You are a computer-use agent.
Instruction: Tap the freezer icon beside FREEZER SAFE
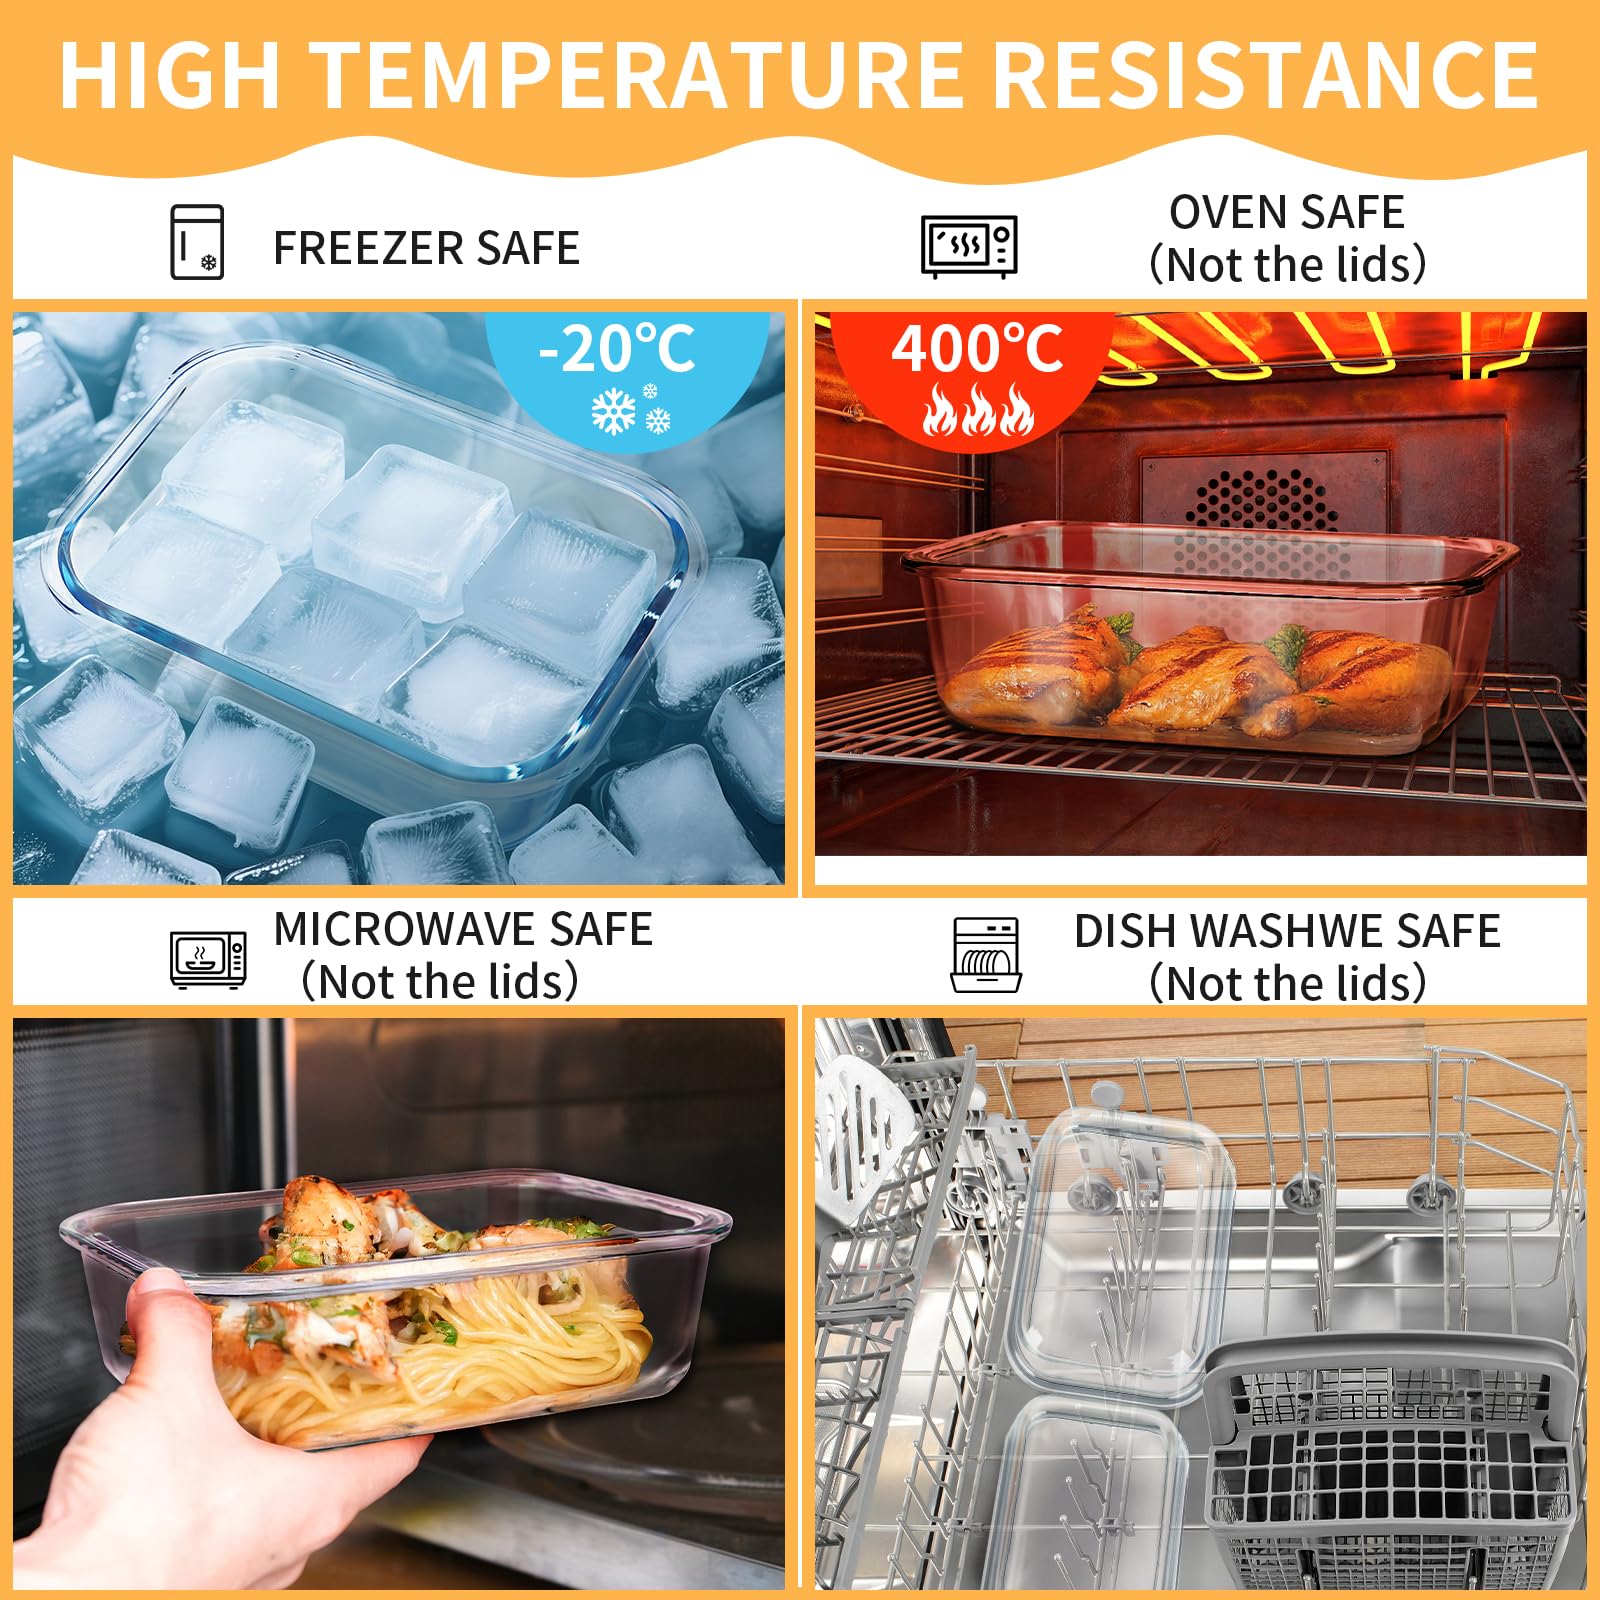pyautogui.click(x=197, y=242)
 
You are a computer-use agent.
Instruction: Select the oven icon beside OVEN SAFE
pyautogui.click(x=968, y=245)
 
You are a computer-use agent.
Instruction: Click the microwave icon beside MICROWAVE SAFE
pyautogui.click(x=208, y=959)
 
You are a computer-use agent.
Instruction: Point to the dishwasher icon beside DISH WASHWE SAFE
pyautogui.click(x=986, y=955)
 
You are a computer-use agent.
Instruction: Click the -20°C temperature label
pyautogui.click(x=616, y=350)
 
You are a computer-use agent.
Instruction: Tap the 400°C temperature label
pyautogui.click(x=977, y=350)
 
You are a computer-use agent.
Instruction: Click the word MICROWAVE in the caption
pyautogui.click(x=404, y=929)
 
